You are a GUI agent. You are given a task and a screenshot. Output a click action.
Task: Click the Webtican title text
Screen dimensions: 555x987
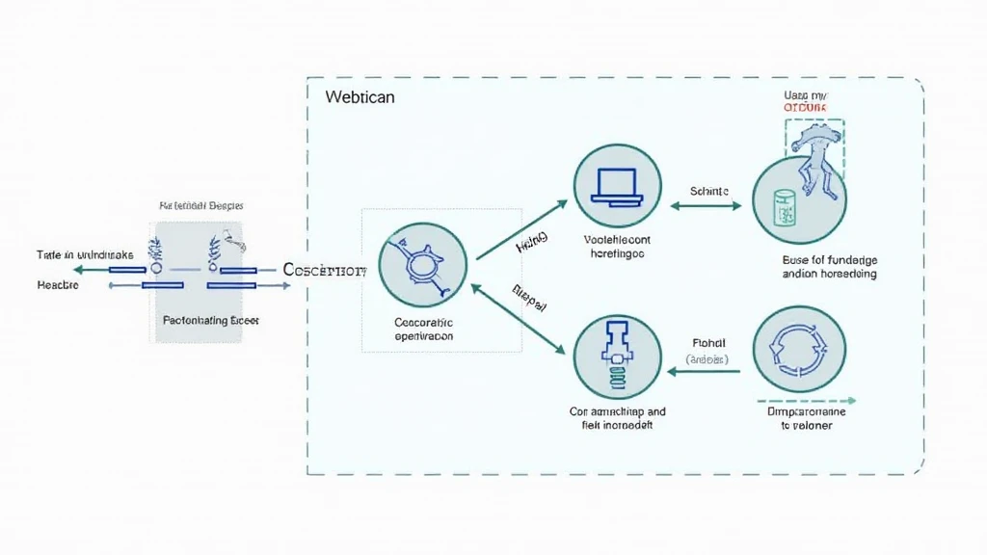pyautogui.click(x=360, y=97)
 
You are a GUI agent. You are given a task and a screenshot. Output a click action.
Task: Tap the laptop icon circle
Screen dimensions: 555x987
pyautogui.click(x=618, y=188)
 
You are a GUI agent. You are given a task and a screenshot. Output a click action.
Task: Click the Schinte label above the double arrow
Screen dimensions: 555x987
pyautogui.click(x=709, y=192)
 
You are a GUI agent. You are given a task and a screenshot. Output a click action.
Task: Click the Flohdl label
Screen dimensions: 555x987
pyautogui.click(x=708, y=341)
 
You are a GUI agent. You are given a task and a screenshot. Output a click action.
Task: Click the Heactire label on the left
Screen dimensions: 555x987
pyautogui.click(x=58, y=285)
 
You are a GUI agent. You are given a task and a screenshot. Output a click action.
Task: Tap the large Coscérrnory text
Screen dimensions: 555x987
pyautogui.click(x=326, y=271)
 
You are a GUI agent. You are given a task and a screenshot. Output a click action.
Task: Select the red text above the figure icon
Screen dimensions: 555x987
pyautogui.click(x=807, y=108)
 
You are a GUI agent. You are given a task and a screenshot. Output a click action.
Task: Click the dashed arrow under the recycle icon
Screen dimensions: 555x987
pyautogui.click(x=808, y=400)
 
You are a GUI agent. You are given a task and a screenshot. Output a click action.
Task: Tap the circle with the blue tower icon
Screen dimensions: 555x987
pyautogui.click(x=617, y=359)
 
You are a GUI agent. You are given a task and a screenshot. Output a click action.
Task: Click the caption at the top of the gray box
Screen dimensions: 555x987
pyautogui.click(x=200, y=206)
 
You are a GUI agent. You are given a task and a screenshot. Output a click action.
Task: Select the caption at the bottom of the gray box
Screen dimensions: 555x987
pyautogui.click(x=210, y=319)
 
